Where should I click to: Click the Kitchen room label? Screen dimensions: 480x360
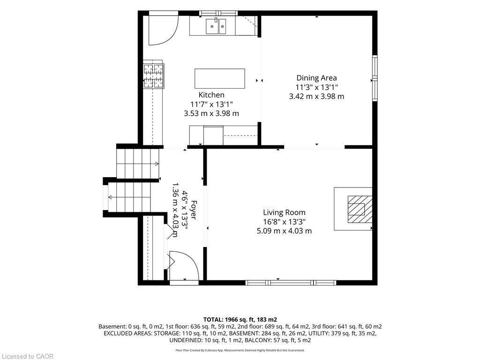coord(211,95)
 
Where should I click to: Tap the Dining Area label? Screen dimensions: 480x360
coord(316,78)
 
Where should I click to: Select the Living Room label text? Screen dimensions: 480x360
coord(284,212)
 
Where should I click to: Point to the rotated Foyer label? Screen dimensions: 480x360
coord(193,210)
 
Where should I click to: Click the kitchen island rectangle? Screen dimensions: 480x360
coord(220,79)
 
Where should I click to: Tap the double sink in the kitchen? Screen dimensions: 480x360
coord(216,26)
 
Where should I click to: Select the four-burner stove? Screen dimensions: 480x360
coord(153,75)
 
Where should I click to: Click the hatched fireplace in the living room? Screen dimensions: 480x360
coord(360,209)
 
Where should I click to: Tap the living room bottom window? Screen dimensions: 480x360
coord(291,283)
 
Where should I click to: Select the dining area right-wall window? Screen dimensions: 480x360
coord(375,78)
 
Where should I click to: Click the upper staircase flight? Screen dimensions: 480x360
coord(138,164)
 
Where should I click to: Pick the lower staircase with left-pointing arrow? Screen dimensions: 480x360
coord(129,197)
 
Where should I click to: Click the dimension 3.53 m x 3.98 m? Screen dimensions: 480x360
coord(211,113)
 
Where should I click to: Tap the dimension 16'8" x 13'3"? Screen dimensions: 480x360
coord(285,222)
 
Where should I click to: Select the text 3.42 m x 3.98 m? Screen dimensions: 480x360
coord(316,96)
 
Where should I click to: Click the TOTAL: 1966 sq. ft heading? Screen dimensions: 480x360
coord(240,320)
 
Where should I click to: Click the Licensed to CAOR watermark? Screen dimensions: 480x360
coord(27,356)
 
